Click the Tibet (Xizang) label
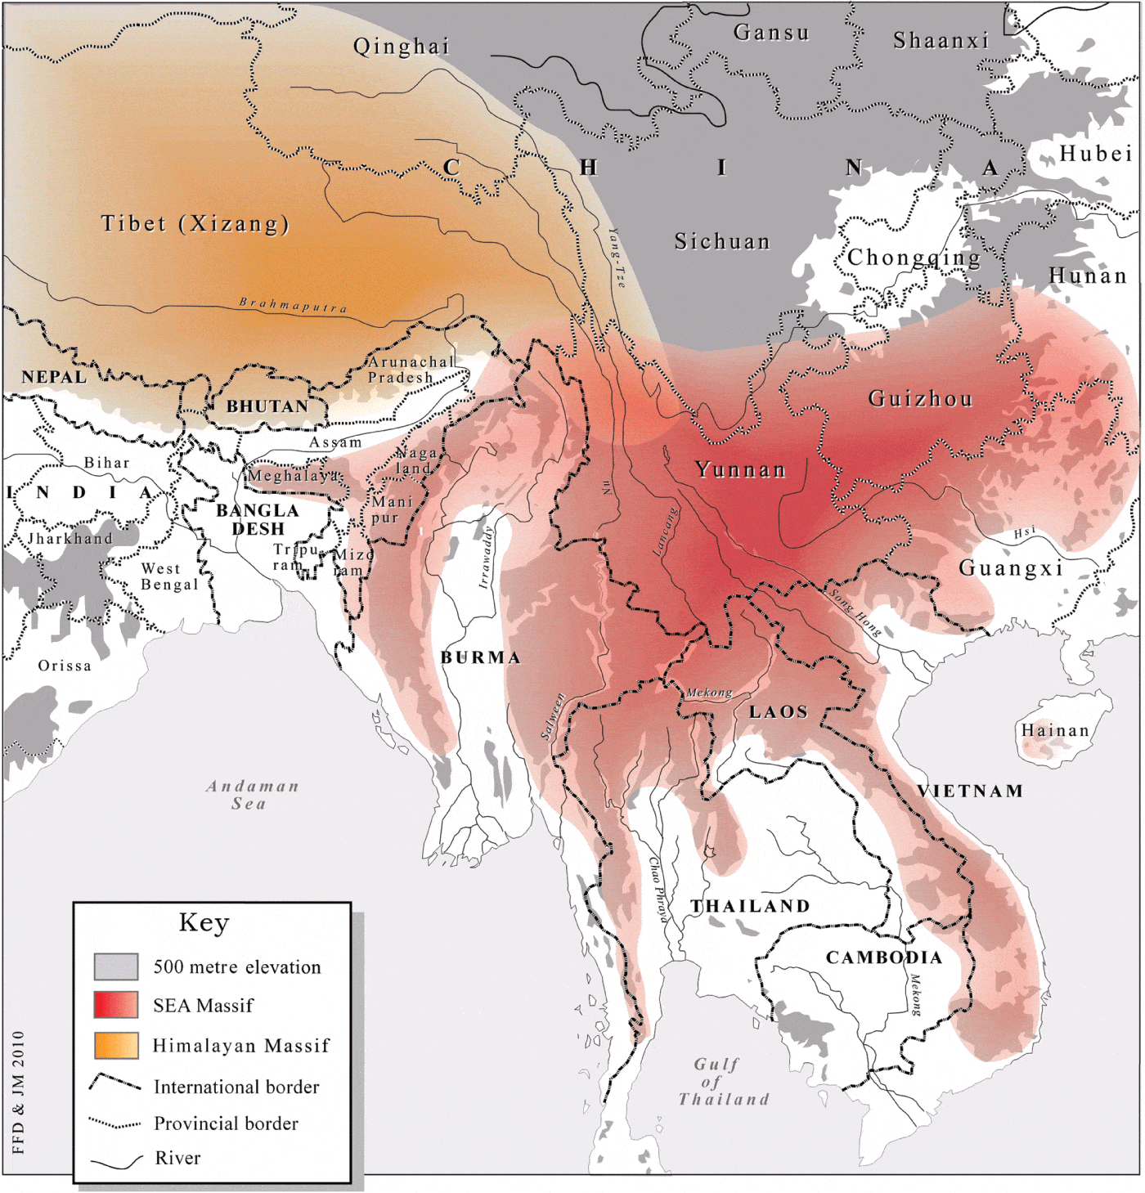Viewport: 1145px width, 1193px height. [195, 223]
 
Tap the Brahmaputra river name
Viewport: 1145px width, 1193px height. [293, 305]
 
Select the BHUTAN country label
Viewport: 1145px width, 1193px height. [267, 406]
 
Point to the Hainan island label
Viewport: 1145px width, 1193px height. [1055, 730]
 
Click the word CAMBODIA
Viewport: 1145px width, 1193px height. [884, 958]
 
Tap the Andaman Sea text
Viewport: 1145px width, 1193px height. [252, 795]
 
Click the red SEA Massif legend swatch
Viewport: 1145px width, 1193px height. [115, 1005]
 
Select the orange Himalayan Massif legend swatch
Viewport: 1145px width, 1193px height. [115, 1046]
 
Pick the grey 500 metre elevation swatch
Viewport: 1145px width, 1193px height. [115, 967]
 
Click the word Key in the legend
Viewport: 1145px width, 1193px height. [204, 922]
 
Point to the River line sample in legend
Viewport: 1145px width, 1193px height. [116, 1160]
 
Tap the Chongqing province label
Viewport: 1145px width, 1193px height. [914, 258]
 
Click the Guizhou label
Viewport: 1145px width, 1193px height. [920, 399]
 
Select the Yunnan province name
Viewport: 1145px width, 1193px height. [740, 469]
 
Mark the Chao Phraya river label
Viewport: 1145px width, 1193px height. [658, 889]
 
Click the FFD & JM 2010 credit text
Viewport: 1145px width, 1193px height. [19, 1092]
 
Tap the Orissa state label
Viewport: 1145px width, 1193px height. [65, 666]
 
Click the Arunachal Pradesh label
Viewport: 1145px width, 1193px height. [409, 370]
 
